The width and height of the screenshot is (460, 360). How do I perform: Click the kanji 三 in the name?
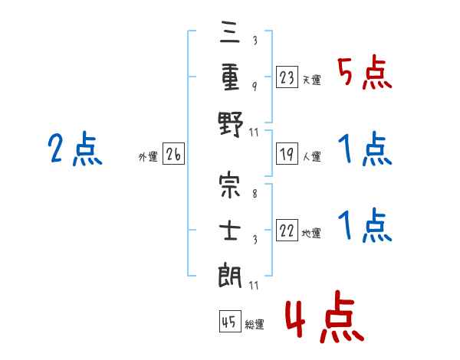tap(230, 32)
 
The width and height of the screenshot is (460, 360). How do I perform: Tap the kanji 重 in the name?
tap(230, 77)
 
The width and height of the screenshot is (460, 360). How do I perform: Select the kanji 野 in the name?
tap(231, 124)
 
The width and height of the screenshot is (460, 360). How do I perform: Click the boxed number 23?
tap(287, 77)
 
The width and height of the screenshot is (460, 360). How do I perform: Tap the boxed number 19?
tap(287, 154)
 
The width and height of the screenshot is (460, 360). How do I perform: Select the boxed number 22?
tap(287, 230)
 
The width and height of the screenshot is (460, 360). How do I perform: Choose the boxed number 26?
tap(173, 154)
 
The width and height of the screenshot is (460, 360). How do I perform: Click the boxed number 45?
tap(230, 321)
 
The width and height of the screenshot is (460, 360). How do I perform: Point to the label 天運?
tap(311, 80)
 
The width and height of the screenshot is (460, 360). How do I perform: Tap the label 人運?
tap(311, 156)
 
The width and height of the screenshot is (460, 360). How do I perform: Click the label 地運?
tap(311, 233)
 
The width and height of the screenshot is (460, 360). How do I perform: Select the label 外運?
tap(148, 157)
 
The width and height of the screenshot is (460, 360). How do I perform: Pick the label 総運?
tap(255, 324)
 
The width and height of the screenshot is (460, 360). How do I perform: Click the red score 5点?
tap(364, 72)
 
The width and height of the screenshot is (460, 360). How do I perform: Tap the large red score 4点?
tap(324, 316)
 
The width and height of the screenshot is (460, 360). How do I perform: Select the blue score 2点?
tap(75, 149)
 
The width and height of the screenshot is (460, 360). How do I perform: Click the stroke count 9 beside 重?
tap(255, 86)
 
